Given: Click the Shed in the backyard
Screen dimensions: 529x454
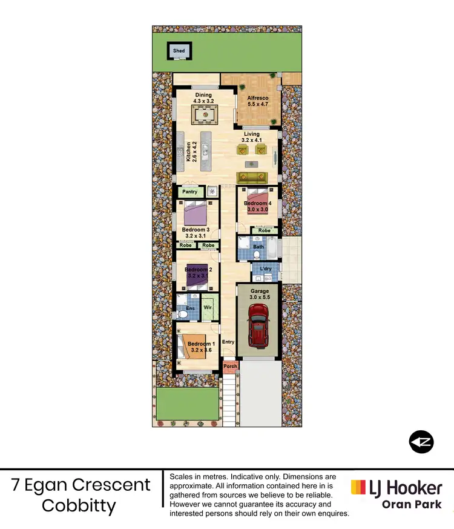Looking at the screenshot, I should click(179, 51).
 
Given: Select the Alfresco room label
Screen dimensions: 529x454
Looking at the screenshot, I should click(258, 98).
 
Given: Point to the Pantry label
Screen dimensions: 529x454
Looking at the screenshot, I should click(190, 192).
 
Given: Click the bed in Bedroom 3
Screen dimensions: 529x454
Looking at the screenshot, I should click(197, 213).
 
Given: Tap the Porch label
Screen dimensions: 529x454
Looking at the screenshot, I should click(230, 366).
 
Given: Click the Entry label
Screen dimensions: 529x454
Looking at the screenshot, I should click(228, 342).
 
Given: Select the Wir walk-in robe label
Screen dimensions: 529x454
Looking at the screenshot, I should click(207, 308).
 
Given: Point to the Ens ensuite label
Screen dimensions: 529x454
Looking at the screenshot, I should click(189, 308).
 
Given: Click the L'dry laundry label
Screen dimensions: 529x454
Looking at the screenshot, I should click(265, 269).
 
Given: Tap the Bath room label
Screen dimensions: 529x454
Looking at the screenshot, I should click(258, 247).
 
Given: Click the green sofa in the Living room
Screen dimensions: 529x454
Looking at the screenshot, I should click(252, 177).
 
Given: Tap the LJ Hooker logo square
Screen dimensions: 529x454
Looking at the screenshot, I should click(358, 487).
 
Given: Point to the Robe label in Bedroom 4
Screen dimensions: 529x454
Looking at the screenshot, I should click(264, 230).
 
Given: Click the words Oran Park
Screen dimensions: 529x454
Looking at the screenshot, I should click(412, 504).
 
